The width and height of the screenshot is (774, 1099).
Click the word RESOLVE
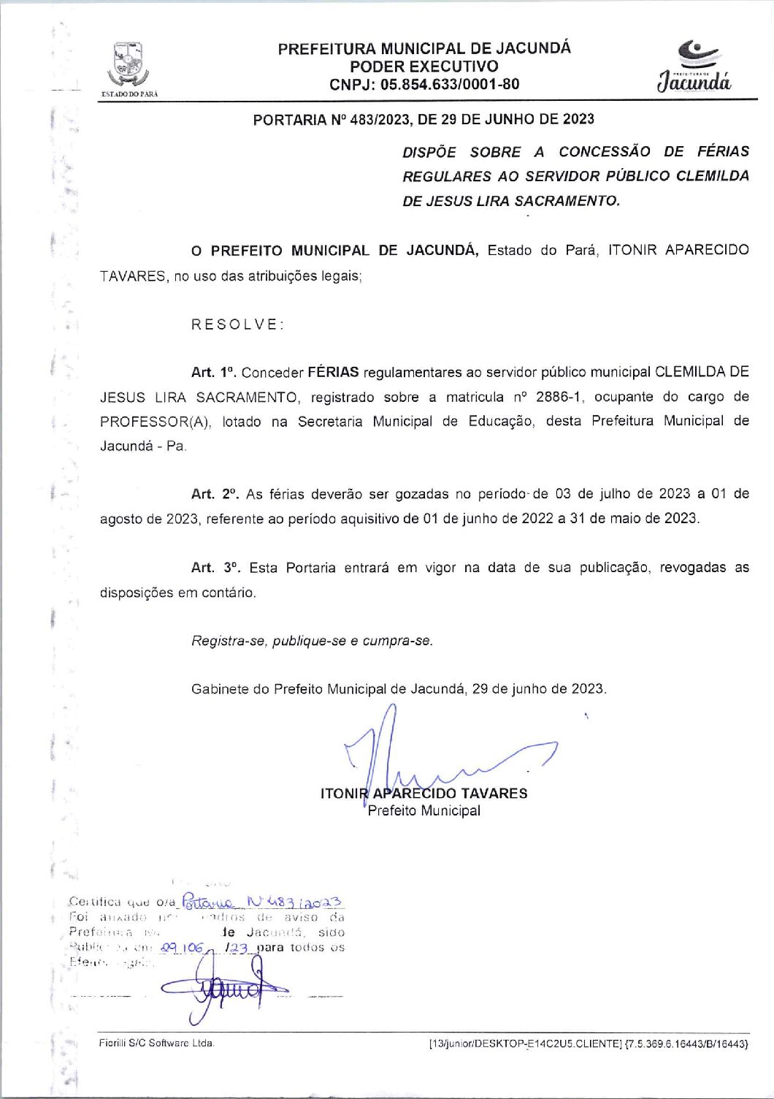[237, 324]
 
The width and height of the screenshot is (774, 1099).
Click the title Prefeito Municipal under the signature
[424, 810]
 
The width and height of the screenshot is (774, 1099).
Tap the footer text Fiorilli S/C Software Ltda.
[157, 1043]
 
